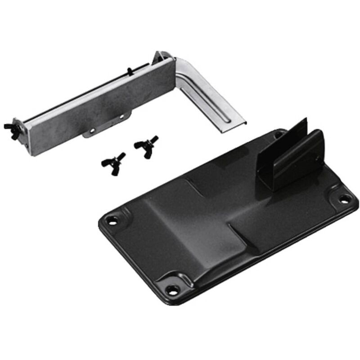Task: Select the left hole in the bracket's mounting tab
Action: (92, 131)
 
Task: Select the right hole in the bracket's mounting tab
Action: (121, 117)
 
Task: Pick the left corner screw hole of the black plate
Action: (111, 220)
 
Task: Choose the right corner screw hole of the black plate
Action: (344, 198)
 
